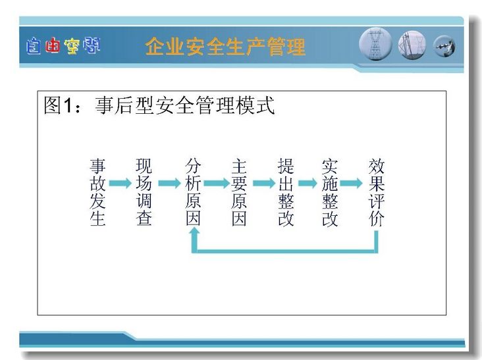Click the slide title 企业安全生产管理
(225, 46)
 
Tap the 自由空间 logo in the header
(63, 46)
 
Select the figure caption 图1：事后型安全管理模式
(159, 105)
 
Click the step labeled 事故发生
(97, 192)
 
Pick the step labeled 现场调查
(144, 192)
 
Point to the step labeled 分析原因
(193, 192)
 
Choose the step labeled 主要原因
(239, 192)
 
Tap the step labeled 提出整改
(286, 192)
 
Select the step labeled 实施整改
(330, 192)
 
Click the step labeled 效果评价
(376, 192)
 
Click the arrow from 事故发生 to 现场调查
(120, 183)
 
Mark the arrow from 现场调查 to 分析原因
(169, 183)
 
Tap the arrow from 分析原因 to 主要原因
(217, 183)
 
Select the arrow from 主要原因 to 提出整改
(264, 183)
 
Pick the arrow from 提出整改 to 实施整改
(308, 183)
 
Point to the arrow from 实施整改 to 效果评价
(352, 183)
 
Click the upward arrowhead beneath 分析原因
(194, 233)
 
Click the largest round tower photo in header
(375, 44)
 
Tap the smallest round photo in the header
(444, 46)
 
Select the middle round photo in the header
(412, 45)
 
